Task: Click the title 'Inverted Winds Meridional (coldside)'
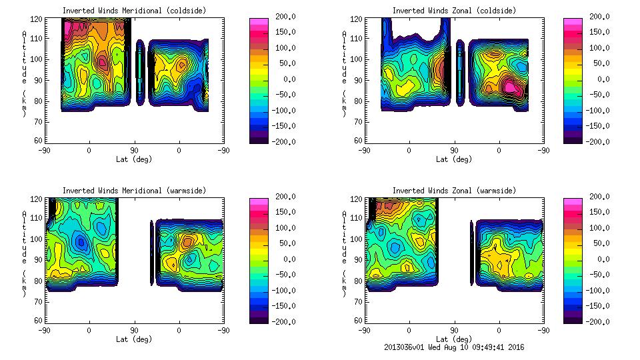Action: [x=133, y=11]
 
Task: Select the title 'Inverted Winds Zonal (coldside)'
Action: [x=454, y=11]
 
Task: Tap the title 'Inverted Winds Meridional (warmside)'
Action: [x=133, y=191]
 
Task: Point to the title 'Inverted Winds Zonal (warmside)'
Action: [x=454, y=191]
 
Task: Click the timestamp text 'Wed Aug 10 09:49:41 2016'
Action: [x=485, y=347]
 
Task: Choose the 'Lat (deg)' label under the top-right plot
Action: [x=454, y=159]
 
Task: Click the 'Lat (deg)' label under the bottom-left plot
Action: [x=133, y=339]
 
